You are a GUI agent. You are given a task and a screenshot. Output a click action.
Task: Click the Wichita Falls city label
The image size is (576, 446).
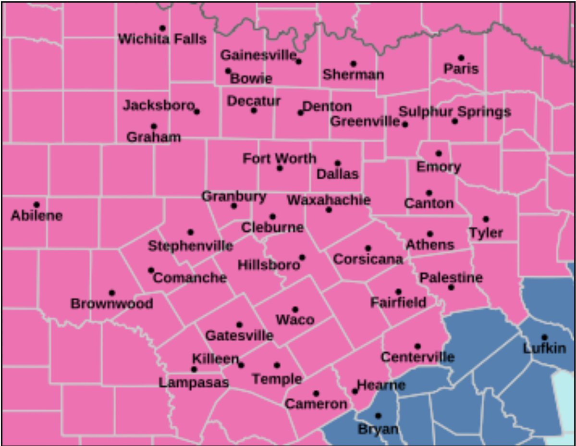pos(162,39)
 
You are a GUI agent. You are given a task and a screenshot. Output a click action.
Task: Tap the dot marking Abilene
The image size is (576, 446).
pos(37,205)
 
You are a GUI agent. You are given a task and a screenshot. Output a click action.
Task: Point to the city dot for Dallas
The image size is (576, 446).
pos(338,163)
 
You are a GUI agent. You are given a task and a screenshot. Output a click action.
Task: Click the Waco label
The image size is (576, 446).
pos(295,320)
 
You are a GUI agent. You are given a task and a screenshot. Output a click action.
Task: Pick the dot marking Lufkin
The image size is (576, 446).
pos(544,337)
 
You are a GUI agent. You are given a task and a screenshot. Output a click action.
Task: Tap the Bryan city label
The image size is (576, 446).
pos(378,428)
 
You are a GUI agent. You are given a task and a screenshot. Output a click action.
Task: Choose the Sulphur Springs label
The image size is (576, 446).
pos(455,112)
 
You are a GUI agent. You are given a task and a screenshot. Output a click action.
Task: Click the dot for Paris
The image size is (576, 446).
pos(461,58)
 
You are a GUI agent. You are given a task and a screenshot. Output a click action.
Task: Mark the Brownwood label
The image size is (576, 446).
pos(112,304)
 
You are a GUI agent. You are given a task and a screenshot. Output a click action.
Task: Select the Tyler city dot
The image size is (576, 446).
pos(486,219)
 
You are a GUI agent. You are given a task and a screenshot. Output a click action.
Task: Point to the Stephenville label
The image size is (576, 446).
pos(190,246)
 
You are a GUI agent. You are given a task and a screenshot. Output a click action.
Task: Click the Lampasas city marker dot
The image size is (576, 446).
pos(194,369)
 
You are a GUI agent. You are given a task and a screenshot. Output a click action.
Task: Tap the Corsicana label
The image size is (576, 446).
pos(368,260)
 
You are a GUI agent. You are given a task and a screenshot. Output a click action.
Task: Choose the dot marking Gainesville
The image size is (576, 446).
pos(298,61)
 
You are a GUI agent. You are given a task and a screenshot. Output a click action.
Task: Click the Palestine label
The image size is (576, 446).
pos(451,277)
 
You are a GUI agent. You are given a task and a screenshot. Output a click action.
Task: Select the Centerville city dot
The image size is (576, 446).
pos(417,346)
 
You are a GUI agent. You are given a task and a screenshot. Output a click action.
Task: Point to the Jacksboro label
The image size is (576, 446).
pos(159,105)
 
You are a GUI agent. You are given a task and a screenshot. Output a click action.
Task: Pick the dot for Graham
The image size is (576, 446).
pos(154,126)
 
